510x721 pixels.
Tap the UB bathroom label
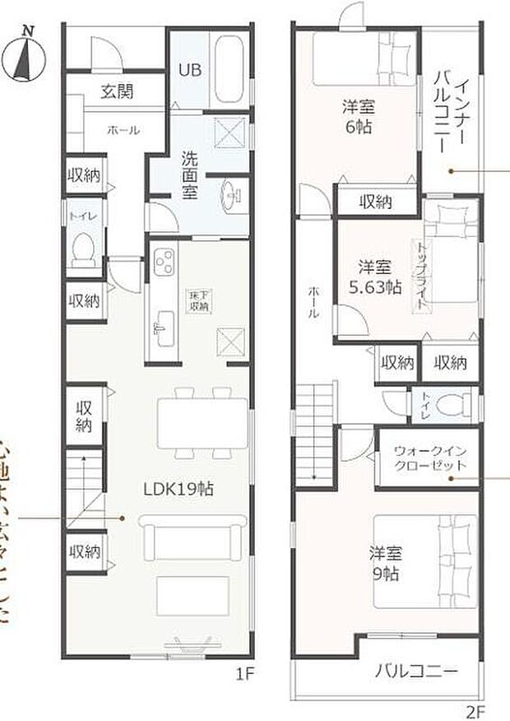[x=190, y=70]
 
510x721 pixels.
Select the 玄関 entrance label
[x=118, y=92]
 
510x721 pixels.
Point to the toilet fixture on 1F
[x=83, y=248]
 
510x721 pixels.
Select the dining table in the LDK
[x=202, y=423]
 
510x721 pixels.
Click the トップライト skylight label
[x=422, y=276]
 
